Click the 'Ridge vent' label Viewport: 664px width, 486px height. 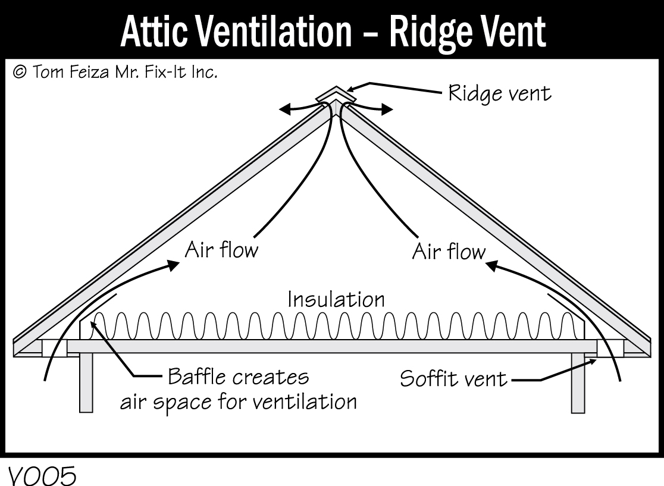click(x=499, y=93)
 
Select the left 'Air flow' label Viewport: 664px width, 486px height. click(x=221, y=249)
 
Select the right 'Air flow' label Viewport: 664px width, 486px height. click(x=449, y=251)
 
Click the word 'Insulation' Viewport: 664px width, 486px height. click(x=336, y=299)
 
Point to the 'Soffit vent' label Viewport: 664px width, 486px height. click(x=453, y=378)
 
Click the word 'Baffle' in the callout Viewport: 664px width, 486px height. click(x=198, y=377)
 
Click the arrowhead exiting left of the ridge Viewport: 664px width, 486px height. click(x=286, y=109)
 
